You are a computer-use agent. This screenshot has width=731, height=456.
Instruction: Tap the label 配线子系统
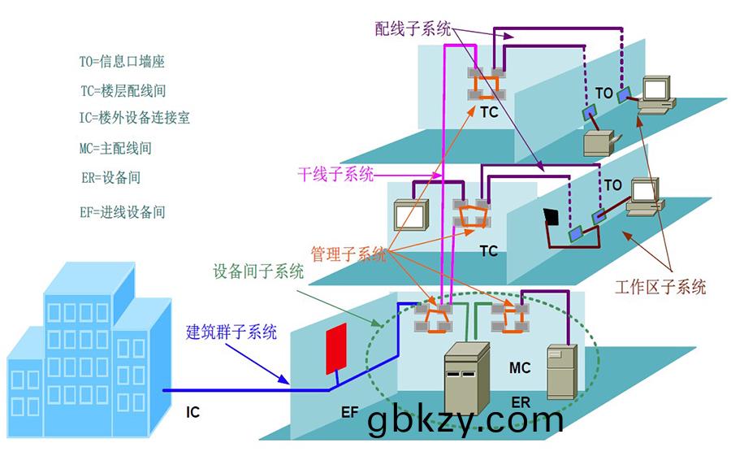point(413,29)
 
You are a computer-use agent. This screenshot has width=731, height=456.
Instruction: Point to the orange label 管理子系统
point(348,254)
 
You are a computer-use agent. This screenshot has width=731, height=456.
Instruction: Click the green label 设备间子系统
point(257,271)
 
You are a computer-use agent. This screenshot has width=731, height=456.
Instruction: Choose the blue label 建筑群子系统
point(231,332)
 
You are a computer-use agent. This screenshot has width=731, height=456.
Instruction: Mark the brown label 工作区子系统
point(660,287)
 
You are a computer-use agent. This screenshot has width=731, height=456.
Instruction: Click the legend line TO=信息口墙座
point(122,62)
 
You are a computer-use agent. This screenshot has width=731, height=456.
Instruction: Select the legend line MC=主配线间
point(115,149)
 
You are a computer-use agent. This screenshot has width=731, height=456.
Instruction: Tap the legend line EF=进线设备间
point(122,212)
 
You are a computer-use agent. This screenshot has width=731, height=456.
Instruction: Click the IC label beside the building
point(192,413)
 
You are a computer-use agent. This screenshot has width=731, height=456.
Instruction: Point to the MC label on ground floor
point(520,368)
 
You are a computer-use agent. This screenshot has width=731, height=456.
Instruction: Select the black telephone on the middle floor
point(552,217)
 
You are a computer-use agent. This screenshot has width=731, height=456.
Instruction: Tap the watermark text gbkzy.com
point(465,420)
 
